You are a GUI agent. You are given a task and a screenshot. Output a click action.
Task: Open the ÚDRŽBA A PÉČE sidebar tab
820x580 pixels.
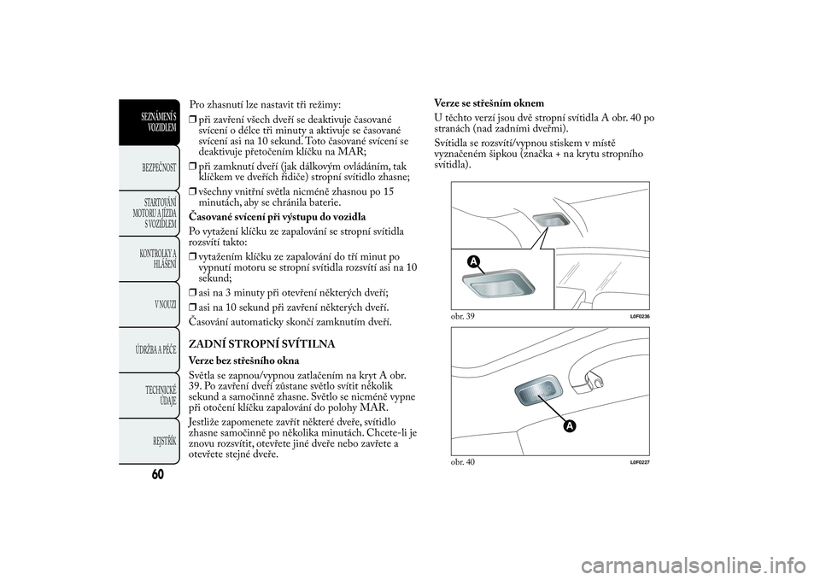pos(155,351)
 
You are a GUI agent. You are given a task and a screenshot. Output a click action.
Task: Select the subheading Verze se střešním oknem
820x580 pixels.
pos(489,103)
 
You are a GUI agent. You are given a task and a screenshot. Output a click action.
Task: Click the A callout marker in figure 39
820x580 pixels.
pos(471,262)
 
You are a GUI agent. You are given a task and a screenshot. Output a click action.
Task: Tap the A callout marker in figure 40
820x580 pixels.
pos(567,425)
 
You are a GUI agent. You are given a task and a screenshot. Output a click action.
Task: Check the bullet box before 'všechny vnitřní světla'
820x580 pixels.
pos(193,192)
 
